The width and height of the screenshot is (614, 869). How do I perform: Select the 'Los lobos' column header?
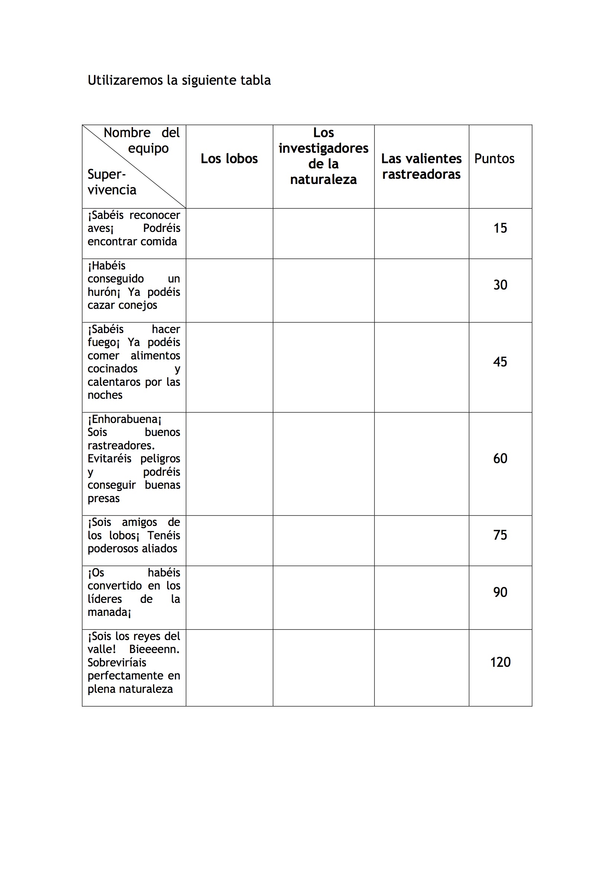(229, 159)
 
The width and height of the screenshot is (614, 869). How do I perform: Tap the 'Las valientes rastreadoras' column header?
(421, 166)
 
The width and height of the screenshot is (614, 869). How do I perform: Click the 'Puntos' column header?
(494, 159)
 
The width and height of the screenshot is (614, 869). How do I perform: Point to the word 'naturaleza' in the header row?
(323, 180)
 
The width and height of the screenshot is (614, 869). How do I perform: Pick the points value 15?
(500, 228)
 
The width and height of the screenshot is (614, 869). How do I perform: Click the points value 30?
(500, 285)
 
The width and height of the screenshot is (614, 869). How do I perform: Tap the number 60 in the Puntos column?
(500, 459)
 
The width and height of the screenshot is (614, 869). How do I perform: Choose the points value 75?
(500, 535)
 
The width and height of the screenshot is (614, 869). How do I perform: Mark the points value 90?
(500, 592)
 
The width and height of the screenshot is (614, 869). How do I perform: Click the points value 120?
(500, 662)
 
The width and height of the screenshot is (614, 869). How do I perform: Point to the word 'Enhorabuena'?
(124, 419)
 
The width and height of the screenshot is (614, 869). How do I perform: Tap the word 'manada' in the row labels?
(107, 612)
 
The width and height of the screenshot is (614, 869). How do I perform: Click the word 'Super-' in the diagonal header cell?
(106, 174)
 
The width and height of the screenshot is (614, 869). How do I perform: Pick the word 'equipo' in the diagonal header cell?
(148, 149)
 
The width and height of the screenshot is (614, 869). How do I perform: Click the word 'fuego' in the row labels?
(102, 343)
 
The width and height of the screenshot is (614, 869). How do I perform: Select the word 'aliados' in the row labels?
(159, 549)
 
